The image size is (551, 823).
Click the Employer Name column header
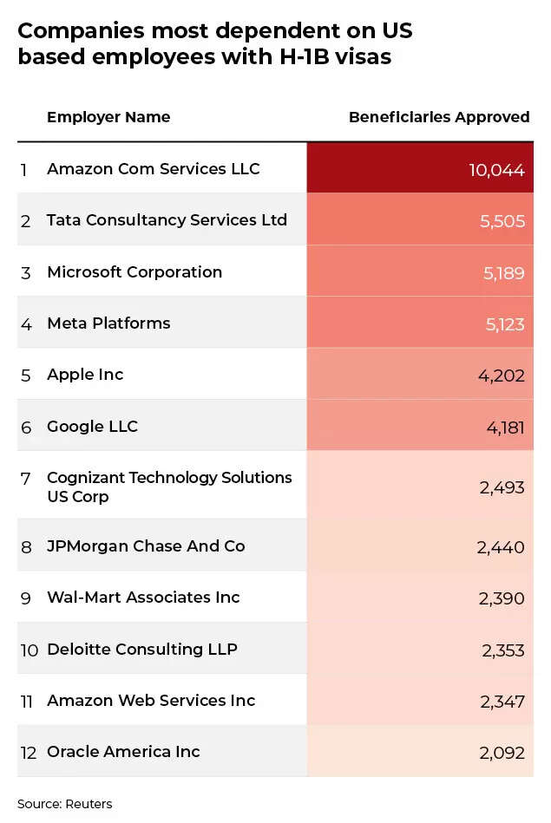click(108, 117)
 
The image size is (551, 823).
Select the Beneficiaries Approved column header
click(438, 117)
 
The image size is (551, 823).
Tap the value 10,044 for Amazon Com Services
click(496, 170)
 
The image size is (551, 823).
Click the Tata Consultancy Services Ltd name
click(167, 220)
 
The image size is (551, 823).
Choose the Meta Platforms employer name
click(108, 323)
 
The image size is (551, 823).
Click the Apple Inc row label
click(85, 375)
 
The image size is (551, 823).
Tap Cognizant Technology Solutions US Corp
click(169, 487)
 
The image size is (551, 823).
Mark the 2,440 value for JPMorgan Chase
click(500, 547)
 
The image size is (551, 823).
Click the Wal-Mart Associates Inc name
click(143, 598)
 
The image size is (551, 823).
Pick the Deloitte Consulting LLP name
click(142, 650)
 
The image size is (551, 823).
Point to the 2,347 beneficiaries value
click(501, 701)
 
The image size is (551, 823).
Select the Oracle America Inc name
click(123, 752)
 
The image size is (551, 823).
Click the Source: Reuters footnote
click(64, 804)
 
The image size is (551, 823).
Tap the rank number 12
click(29, 753)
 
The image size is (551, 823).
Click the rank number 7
click(26, 478)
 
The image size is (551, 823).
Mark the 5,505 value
click(502, 221)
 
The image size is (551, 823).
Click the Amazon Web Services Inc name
click(151, 701)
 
